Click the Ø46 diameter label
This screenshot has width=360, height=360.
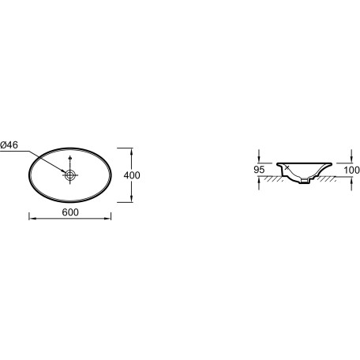click(x=9, y=145)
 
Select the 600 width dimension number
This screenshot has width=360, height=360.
click(x=70, y=212)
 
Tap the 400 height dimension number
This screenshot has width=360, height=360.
click(x=132, y=175)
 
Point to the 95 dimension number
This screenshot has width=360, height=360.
click(x=259, y=170)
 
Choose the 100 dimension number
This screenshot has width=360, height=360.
click(x=351, y=171)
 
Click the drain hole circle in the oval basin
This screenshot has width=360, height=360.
click(x=70, y=174)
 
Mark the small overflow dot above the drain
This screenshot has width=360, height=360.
click(x=69, y=159)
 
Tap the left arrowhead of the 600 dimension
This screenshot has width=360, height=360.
click(x=31, y=219)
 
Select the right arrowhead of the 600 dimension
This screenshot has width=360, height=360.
click(x=108, y=219)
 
